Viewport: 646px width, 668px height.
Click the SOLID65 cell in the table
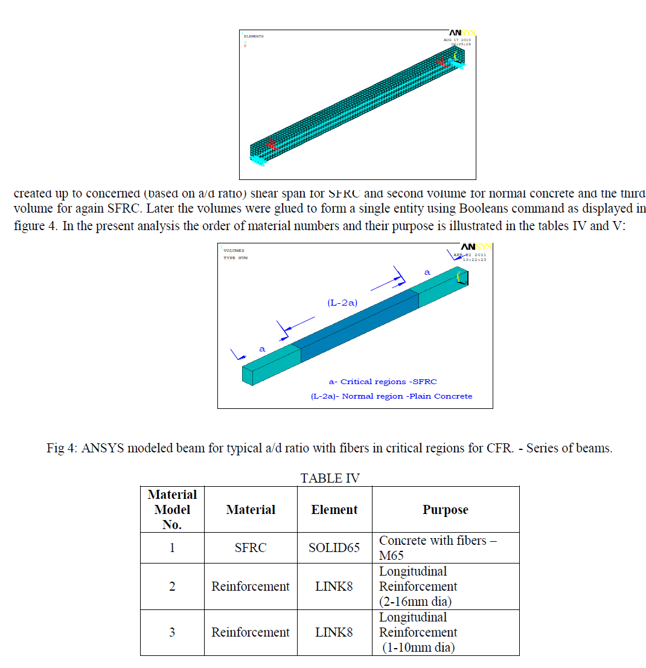click(x=334, y=548)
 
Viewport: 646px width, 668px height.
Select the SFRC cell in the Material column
click(x=251, y=548)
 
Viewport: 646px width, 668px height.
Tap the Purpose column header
click(x=445, y=510)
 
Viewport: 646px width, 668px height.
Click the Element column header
click(x=334, y=510)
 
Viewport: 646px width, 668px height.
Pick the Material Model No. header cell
click(x=172, y=510)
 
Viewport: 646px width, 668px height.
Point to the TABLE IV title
click(x=330, y=478)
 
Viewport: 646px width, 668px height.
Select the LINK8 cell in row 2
click(x=334, y=586)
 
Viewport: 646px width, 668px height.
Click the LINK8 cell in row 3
click(x=334, y=632)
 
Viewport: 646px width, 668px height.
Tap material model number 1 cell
click(x=172, y=548)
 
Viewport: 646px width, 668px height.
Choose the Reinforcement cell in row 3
click(x=251, y=632)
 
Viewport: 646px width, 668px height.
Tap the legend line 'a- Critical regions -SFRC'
click(x=382, y=382)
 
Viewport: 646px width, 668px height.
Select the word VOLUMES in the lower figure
click(x=234, y=251)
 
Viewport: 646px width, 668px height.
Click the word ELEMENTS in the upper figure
click(x=254, y=36)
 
